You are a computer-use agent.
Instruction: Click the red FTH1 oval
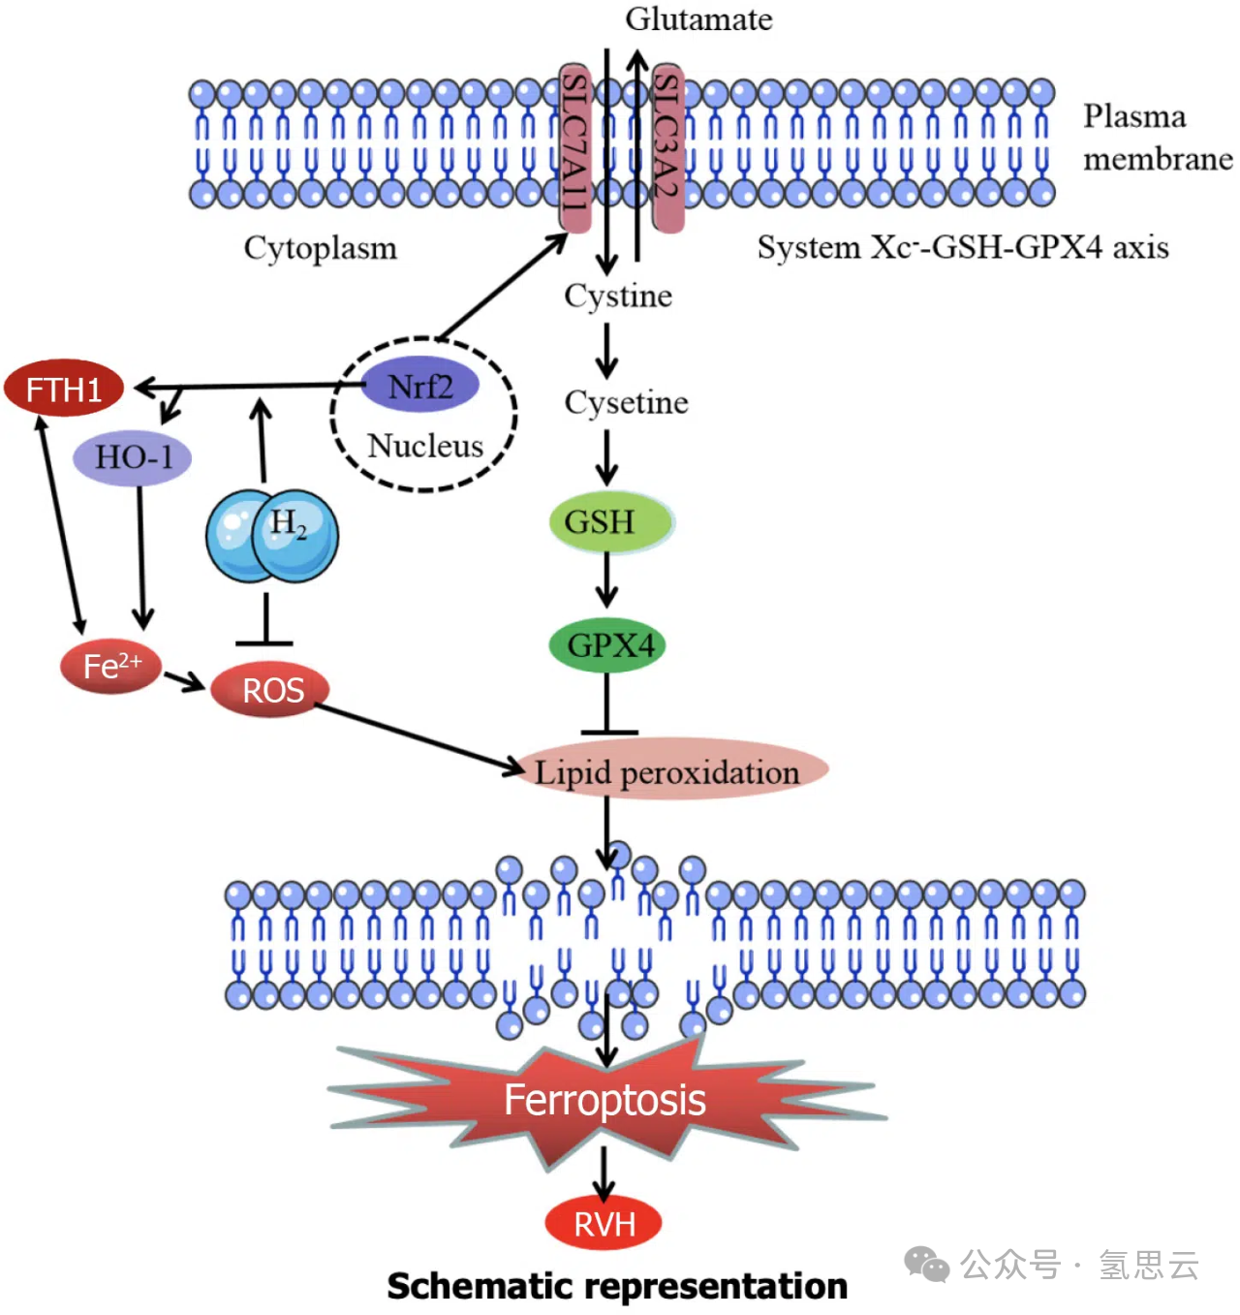point(64,389)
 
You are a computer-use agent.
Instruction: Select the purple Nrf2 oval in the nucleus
point(420,386)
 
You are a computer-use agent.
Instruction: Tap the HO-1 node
point(133,456)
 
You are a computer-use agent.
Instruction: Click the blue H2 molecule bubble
point(273,536)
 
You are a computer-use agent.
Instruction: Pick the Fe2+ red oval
point(110,666)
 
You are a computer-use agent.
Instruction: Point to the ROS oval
point(270,689)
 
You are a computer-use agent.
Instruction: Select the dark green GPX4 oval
point(607,645)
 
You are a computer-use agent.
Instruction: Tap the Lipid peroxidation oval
point(668,772)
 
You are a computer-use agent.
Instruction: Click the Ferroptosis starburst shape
point(605,1101)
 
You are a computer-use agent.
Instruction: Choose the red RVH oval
point(604,1224)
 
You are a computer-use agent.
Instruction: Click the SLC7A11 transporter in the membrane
point(575,147)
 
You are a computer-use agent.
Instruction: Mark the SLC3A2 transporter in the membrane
point(667,147)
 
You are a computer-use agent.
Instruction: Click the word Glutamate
point(698,19)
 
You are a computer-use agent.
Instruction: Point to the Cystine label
point(618,296)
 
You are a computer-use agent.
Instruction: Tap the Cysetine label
point(626,402)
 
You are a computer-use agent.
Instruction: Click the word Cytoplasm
point(320,248)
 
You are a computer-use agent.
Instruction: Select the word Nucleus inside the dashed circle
point(424,446)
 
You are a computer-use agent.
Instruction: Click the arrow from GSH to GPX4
point(607,581)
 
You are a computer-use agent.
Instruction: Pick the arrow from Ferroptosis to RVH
point(604,1174)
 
